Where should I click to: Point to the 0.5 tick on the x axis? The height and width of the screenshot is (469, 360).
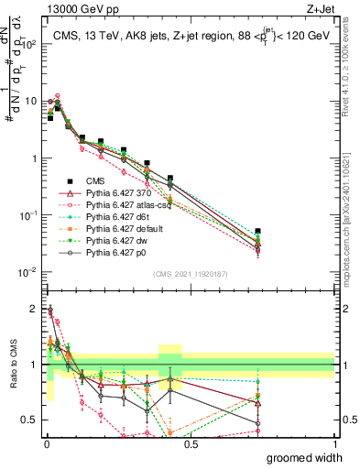[x=189, y=446]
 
